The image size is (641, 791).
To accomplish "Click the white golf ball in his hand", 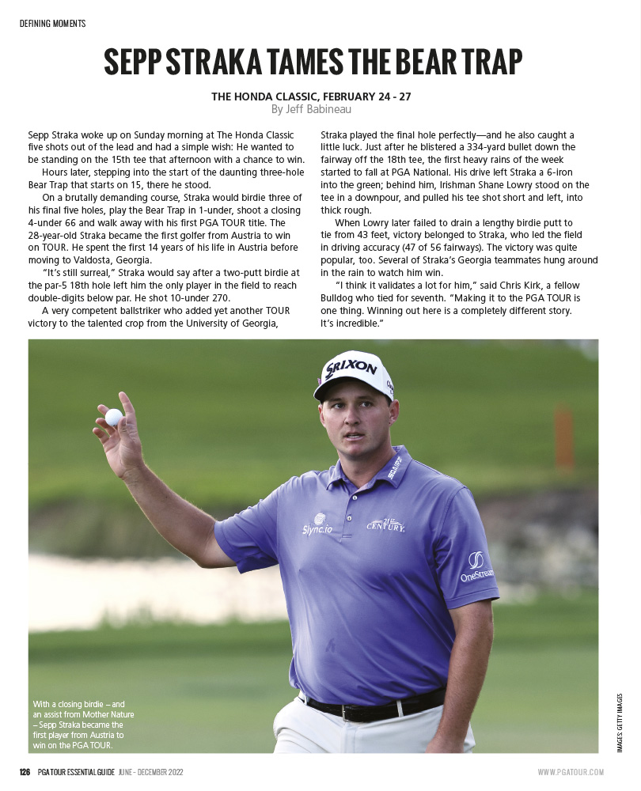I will (x=114, y=417).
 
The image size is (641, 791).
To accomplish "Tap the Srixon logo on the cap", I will (x=351, y=368).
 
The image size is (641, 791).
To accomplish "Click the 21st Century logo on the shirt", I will (x=385, y=524).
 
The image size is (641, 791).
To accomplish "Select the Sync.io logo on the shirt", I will (x=317, y=526).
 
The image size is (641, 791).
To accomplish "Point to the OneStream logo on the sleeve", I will (x=476, y=566).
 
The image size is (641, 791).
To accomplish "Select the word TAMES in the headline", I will (x=280, y=62).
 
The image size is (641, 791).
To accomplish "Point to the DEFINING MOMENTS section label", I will (x=52, y=24).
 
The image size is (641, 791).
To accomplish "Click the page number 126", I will (x=25, y=772).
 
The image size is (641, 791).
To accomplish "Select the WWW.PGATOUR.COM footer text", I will (x=571, y=772).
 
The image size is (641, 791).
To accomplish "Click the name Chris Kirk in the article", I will (x=499, y=285).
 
